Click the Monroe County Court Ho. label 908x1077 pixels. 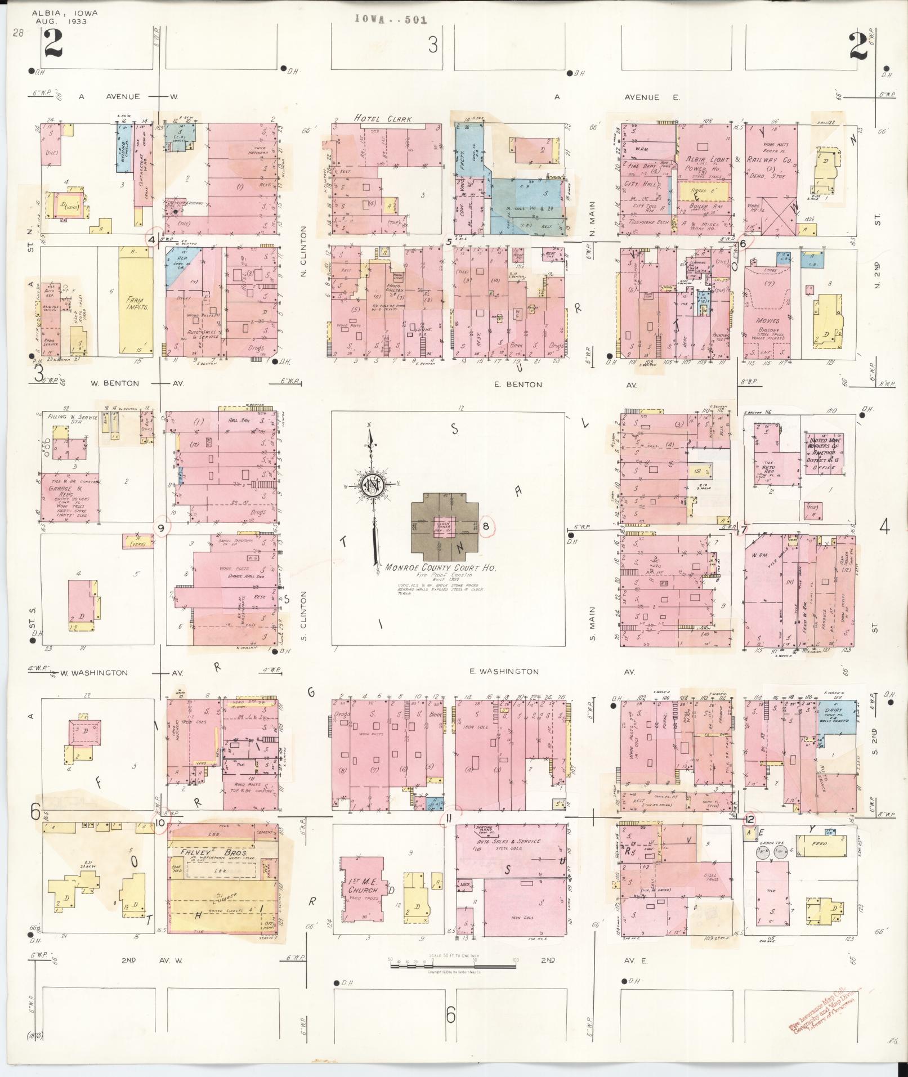441,568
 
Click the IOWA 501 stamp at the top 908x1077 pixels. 390,19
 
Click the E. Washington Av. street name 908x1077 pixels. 504,672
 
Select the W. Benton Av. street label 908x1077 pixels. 115,383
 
